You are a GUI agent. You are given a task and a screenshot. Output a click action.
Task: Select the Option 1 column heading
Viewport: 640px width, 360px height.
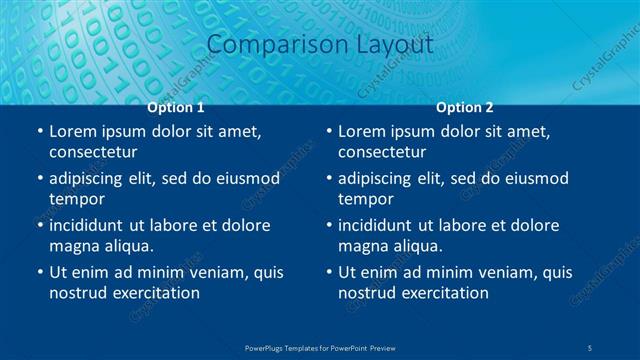pyautogui.click(x=176, y=107)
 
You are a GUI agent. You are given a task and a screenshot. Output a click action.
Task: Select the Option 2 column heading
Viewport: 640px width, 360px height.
pyautogui.click(x=465, y=107)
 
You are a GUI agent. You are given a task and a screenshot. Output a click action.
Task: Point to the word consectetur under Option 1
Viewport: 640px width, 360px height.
pyautogui.click(x=93, y=152)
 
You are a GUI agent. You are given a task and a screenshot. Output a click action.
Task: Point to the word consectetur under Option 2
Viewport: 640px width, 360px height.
pyautogui.click(x=382, y=152)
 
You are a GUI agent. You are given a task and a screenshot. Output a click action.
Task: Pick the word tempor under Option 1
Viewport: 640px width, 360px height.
pyautogui.click(x=75, y=198)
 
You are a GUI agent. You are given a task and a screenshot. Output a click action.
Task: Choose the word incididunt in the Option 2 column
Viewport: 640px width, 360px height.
pyautogui.click(x=384, y=225)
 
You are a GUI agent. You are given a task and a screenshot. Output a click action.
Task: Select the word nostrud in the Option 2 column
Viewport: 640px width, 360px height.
pyautogui.click(x=368, y=292)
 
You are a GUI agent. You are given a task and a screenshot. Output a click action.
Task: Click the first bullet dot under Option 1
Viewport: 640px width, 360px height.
pyautogui.click(x=39, y=132)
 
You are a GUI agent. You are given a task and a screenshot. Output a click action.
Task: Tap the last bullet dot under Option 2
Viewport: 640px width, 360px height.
pyautogui.click(x=329, y=272)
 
